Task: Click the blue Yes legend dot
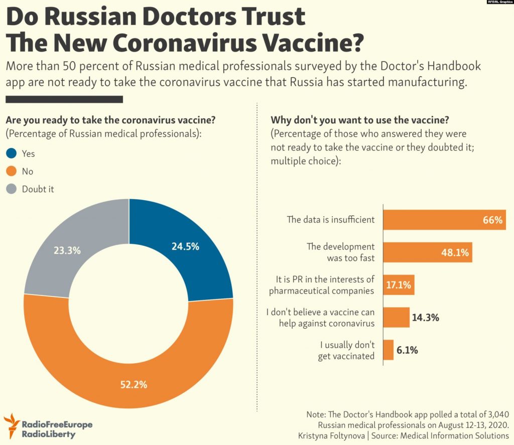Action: (12, 154)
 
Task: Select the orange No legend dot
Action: (12, 171)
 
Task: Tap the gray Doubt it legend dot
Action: (12, 189)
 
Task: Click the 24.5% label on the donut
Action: (186, 246)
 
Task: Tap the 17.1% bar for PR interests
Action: (399, 285)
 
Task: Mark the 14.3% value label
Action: (426, 317)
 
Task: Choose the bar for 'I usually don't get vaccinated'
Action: (389, 350)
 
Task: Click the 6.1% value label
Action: (407, 350)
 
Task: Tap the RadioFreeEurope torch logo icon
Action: (12, 425)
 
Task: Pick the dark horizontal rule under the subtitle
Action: (64, 99)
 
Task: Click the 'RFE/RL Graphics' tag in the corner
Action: (499, 3)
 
